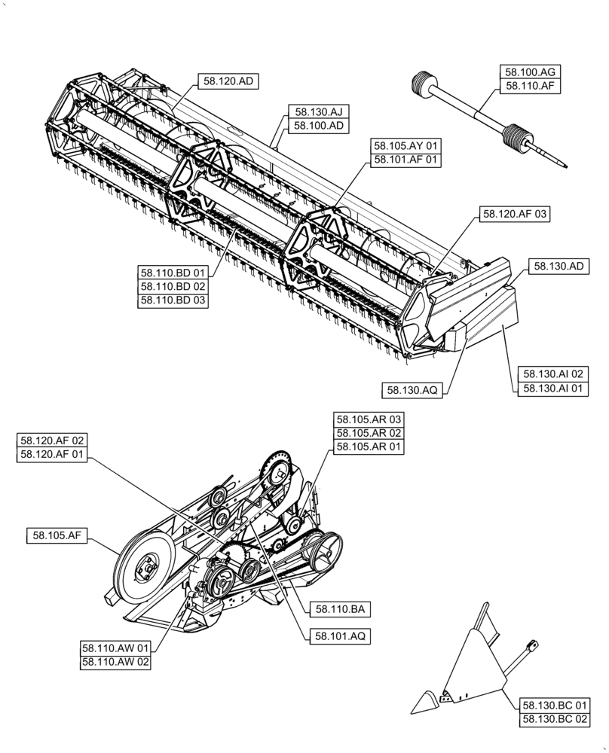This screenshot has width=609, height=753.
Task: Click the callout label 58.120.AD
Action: pyautogui.click(x=227, y=81)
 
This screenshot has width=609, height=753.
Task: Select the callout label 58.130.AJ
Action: pyautogui.click(x=317, y=111)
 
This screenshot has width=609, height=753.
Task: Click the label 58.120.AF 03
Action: pyautogui.click(x=513, y=215)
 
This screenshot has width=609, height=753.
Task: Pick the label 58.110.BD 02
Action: pyautogui.click(x=172, y=286)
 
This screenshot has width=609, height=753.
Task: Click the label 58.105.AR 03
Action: pyautogui.click(x=369, y=419)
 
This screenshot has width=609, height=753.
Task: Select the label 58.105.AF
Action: pyautogui.click(x=57, y=535)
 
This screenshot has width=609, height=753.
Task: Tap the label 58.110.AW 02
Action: pyautogui.click(x=115, y=662)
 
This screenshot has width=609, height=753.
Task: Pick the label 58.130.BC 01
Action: pyautogui.click(x=554, y=706)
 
